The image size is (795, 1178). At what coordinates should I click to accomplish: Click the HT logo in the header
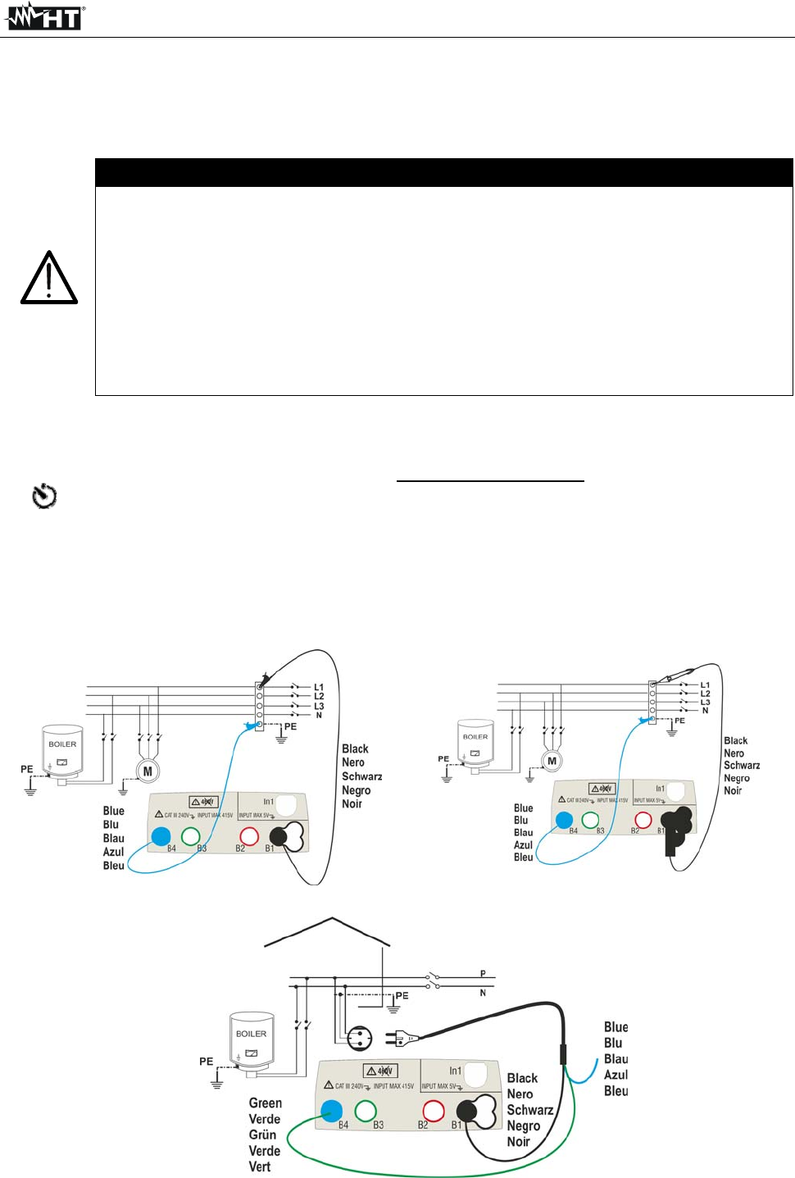(46, 16)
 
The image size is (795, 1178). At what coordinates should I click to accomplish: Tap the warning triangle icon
(49, 279)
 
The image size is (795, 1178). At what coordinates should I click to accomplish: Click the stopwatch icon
(44, 496)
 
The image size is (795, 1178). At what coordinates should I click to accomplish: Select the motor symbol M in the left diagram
(148, 771)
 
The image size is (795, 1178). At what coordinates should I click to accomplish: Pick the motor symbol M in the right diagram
(552, 761)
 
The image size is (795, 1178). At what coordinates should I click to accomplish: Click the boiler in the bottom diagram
(252, 1043)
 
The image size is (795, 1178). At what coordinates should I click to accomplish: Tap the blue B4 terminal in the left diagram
(161, 836)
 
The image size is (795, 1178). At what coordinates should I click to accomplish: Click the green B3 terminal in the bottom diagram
(366, 1111)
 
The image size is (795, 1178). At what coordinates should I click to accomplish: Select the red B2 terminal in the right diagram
(643, 820)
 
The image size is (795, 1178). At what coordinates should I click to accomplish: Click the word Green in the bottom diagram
(266, 1103)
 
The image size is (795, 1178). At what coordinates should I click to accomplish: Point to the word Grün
(262, 1135)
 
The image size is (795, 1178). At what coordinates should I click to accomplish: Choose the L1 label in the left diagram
(319, 687)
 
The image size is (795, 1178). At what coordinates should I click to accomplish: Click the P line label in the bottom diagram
(483, 974)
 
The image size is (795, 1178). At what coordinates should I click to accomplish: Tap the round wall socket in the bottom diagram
(359, 1039)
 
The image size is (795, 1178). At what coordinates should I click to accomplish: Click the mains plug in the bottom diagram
(402, 1039)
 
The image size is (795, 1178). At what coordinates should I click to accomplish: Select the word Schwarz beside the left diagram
(361, 776)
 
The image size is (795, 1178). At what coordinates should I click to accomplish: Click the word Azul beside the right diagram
(523, 844)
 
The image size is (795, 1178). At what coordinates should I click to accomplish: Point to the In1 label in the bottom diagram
(455, 1071)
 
